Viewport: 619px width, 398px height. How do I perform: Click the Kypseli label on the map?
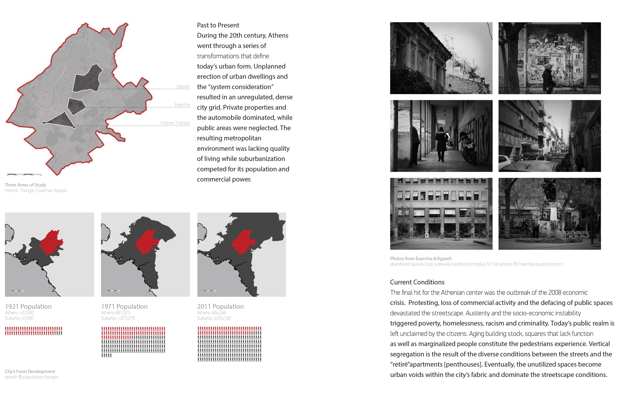click(183, 86)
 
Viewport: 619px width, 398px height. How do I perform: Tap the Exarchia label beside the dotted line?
click(182, 105)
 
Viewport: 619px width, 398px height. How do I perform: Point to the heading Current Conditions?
click(417, 282)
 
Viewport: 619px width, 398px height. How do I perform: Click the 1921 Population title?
click(28, 306)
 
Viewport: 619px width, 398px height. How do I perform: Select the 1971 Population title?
click(124, 306)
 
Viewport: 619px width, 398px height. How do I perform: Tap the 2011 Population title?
click(220, 306)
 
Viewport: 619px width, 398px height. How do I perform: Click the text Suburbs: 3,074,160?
click(214, 318)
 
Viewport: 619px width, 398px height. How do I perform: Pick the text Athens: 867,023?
click(115, 313)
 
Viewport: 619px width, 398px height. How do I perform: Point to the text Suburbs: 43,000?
click(19, 318)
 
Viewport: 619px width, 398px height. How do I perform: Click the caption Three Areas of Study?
click(25, 185)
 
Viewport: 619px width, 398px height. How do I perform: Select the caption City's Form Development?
click(30, 371)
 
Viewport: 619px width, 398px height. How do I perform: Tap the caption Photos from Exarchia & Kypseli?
click(421, 258)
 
